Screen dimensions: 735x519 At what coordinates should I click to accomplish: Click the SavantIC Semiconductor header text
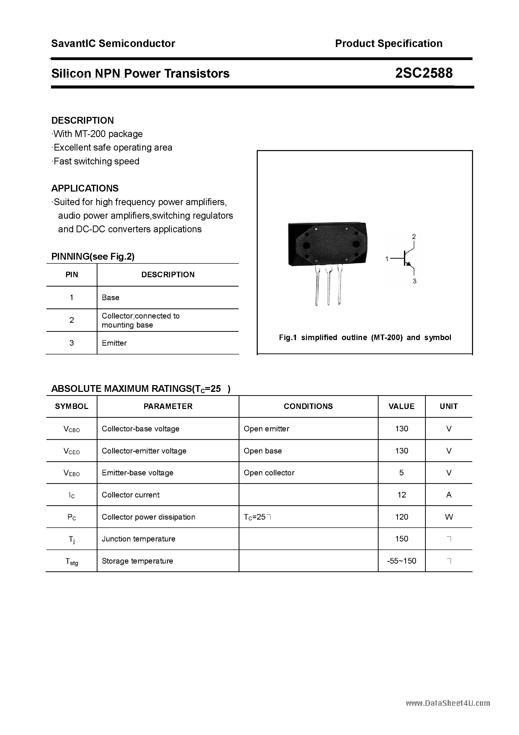pyautogui.click(x=113, y=43)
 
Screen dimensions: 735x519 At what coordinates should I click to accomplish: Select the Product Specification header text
pyautogui.click(x=388, y=43)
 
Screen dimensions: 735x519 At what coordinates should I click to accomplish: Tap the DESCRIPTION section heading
pyautogui.click(x=83, y=120)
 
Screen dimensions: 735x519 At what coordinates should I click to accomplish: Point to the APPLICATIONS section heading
pyautogui.click(x=85, y=188)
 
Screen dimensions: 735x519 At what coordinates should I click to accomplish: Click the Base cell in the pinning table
pyautogui.click(x=110, y=298)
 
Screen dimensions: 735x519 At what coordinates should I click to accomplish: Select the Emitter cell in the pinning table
pyautogui.click(x=114, y=343)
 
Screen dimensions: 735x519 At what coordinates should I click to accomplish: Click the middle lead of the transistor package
pyautogui.click(x=328, y=285)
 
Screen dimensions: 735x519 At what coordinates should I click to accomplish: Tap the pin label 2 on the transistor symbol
pyautogui.click(x=414, y=237)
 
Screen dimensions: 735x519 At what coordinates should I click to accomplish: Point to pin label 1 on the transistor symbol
pyautogui.click(x=387, y=259)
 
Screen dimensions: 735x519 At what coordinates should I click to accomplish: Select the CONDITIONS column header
pyautogui.click(x=308, y=406)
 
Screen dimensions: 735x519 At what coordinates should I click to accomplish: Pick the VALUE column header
pyautogui.click(x=401, y=406)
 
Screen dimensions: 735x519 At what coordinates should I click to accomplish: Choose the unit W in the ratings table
pyautogui.click(x=449, y=517)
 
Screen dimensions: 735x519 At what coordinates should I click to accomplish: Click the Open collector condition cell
pyautogui.click(x=269, y=473)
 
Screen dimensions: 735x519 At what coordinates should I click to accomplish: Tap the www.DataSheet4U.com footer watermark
pyautogui.click(x=448, y=703)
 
